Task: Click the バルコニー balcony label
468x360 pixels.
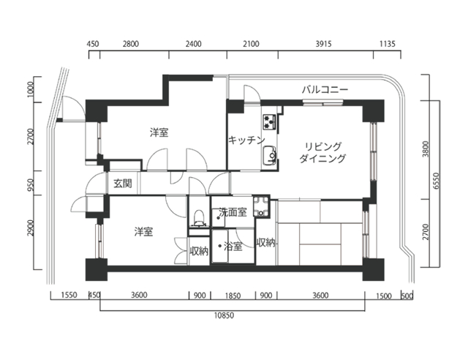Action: coord(325,89)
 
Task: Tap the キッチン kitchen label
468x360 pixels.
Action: coord(246,140)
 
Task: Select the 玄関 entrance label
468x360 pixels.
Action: coord(123,183)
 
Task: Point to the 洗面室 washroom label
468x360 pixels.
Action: coord(233,212)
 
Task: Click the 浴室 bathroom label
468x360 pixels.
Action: coord(233,247)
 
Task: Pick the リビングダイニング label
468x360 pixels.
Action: coord(322,152)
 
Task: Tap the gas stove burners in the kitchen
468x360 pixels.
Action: coord(270,121)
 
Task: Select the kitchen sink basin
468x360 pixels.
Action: coord(270,154)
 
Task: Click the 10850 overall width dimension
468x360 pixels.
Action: coord(224,315)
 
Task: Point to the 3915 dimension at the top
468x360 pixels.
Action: coord(323,44)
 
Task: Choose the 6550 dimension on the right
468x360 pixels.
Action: coord(436,181)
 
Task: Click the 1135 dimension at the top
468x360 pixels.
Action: coord(388,44)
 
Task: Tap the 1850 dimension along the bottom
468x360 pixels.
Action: coord(233,296)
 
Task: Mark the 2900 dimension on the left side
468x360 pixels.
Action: coord(31,228)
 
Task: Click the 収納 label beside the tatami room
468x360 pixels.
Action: coord(265,243)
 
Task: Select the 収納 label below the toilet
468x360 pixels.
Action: coord(199,252)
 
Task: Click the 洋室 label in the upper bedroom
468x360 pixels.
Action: coord(159,132)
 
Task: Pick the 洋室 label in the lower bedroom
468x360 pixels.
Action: coord(143,231)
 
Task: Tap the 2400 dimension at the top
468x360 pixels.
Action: coord(193,44)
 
